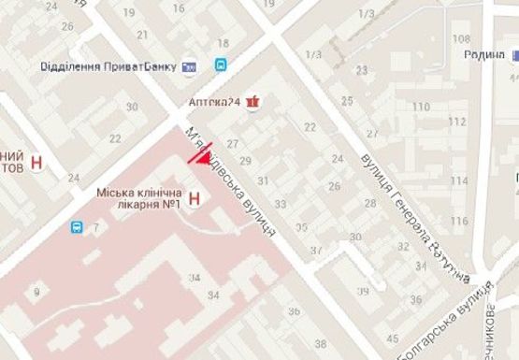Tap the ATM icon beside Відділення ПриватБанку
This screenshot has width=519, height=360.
pyautogui.click(x=190, y=65)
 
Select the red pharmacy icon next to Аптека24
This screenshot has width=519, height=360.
pyautogui.click(x=251, y=102)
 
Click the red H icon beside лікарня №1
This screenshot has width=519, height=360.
pyautogui.click(x=195, y=197)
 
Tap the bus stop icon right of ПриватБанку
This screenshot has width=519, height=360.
pyautogui.click(x=221, y=65)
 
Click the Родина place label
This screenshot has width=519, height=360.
pyautogui.click(x=483, y=54)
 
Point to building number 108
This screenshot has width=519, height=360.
pyautogui.click(x=460, y=38)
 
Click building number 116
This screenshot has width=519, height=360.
pyautogui.click(x=460, y=221)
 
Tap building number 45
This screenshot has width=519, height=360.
pyautogui.click(x=393, y=338)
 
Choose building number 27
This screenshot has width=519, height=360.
pyautogui.click(x=234, y=143)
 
